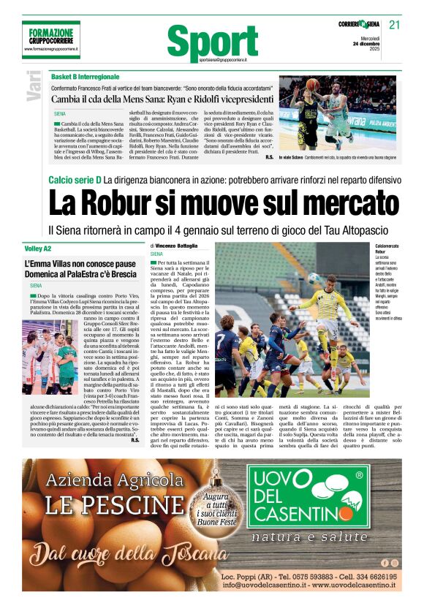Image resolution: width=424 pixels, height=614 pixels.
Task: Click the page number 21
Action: pos(395,24)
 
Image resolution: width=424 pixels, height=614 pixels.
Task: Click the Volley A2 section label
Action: pos(37,249)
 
